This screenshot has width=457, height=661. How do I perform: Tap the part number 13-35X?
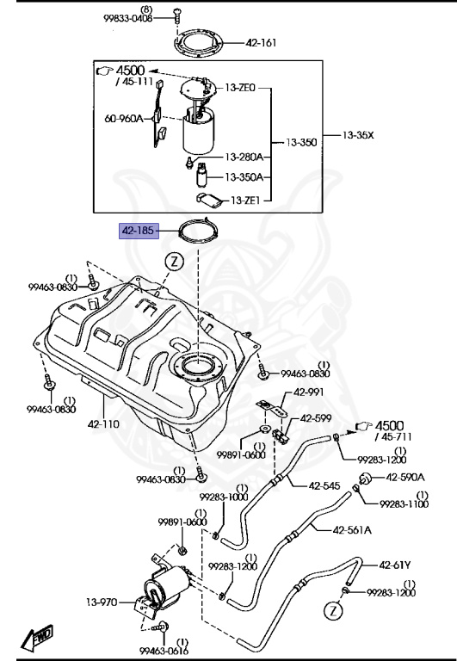[360, 135]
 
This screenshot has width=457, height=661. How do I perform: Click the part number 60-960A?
[125, 121]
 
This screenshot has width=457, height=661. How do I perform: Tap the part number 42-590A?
[405, 476]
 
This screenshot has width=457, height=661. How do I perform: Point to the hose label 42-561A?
[353, 529]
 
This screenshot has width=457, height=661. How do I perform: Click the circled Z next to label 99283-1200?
[332, 611]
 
